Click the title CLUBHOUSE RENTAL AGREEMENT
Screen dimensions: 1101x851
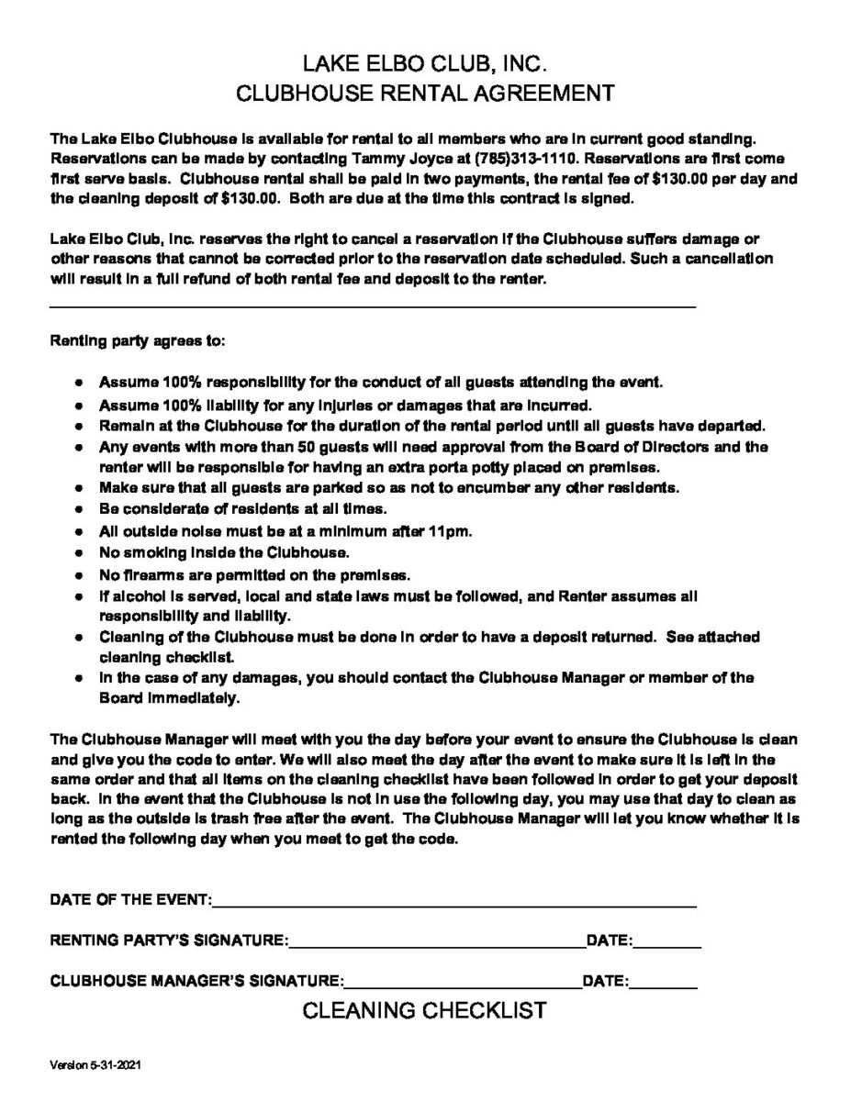pos(425,94)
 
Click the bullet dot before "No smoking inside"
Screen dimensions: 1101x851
pos(81,554)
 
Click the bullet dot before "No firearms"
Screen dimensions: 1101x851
pos(81,575)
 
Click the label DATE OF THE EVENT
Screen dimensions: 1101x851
pos(130,899)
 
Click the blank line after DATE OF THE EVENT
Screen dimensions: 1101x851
pos(454,904)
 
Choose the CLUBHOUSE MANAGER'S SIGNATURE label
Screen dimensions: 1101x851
pos(196,980)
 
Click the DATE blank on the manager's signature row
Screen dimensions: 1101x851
pos(663,984)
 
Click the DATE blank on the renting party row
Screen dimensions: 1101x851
pos(667,945)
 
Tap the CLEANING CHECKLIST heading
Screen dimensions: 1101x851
pos(425,1011)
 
